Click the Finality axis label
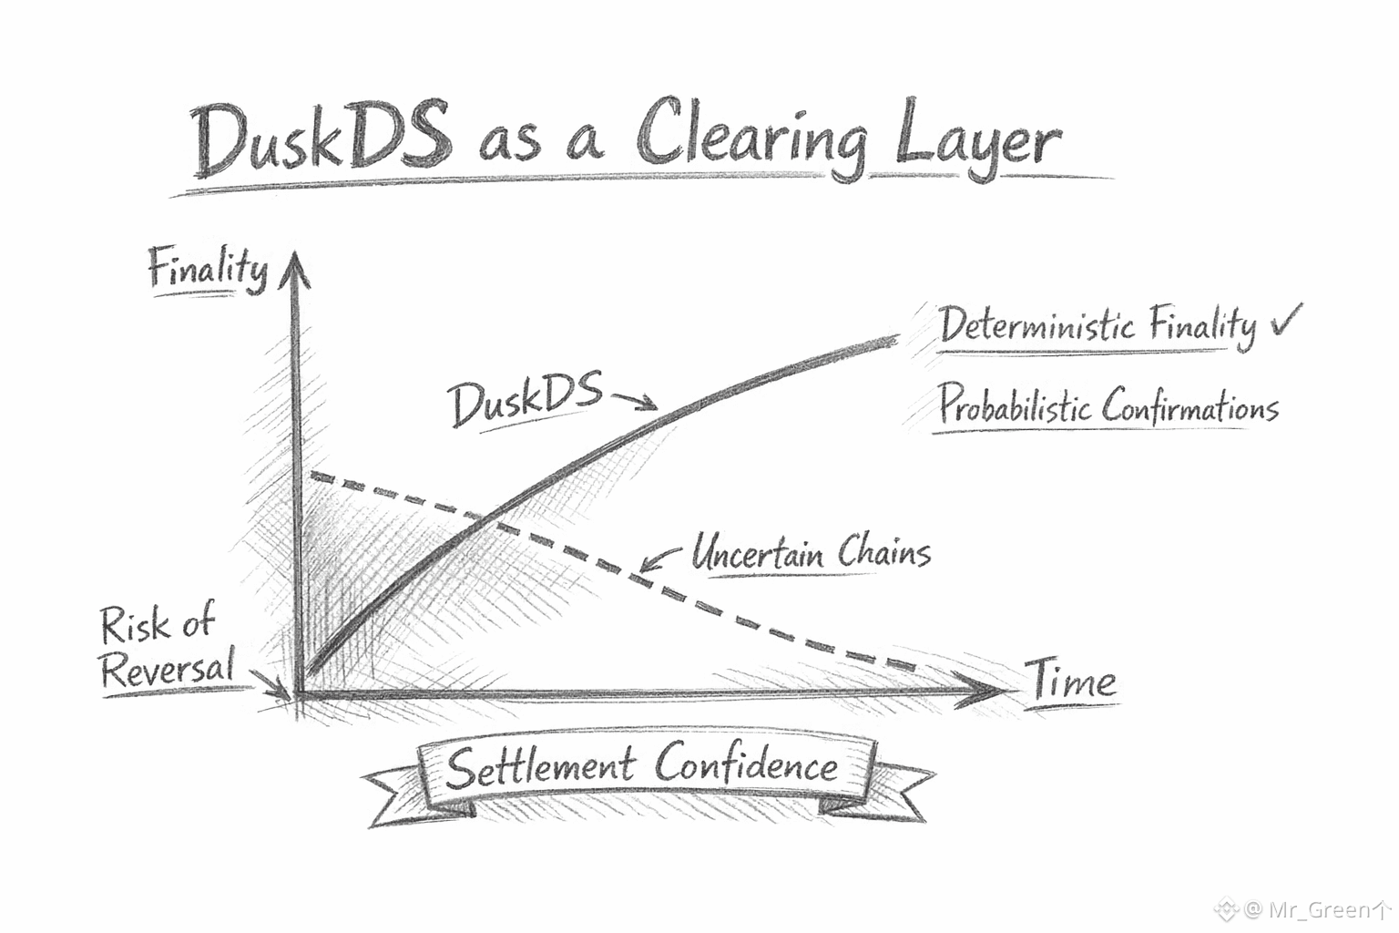[208, 270]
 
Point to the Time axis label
[1072, 680]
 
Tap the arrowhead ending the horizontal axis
[985, 693]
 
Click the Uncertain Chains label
[810, 552]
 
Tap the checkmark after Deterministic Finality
[1285, 320]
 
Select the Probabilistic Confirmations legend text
[1108, 405]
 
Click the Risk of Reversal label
[164, 647]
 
